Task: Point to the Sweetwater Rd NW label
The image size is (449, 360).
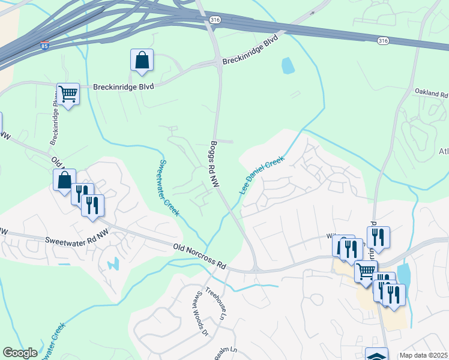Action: pyautogui.click(x=74, y=240)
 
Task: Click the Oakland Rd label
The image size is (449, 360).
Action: pyautogui.click(x=431, y=94)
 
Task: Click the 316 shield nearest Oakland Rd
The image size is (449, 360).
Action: pyautogui.click(x=382, y=40)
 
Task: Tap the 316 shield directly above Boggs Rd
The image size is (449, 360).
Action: pyautogui.click(x=214, y=20)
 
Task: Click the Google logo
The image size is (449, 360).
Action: pyautogui.click(x=20, y=353)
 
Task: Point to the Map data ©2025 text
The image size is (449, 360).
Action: pyautogui.click(x=424, y=355)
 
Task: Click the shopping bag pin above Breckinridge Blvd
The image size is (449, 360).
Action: pyautogui.click(x=142, y=61)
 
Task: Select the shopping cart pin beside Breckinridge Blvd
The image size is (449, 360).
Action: pyautogui.click(x=68, y=94)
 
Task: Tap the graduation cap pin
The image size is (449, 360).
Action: pyautogui.click(x=376, y=355)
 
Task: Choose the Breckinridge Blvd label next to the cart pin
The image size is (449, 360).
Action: pyautogui.click(x=124, y=87)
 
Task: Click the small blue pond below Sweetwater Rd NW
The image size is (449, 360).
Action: pyautogui.click(x=112, y=263)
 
